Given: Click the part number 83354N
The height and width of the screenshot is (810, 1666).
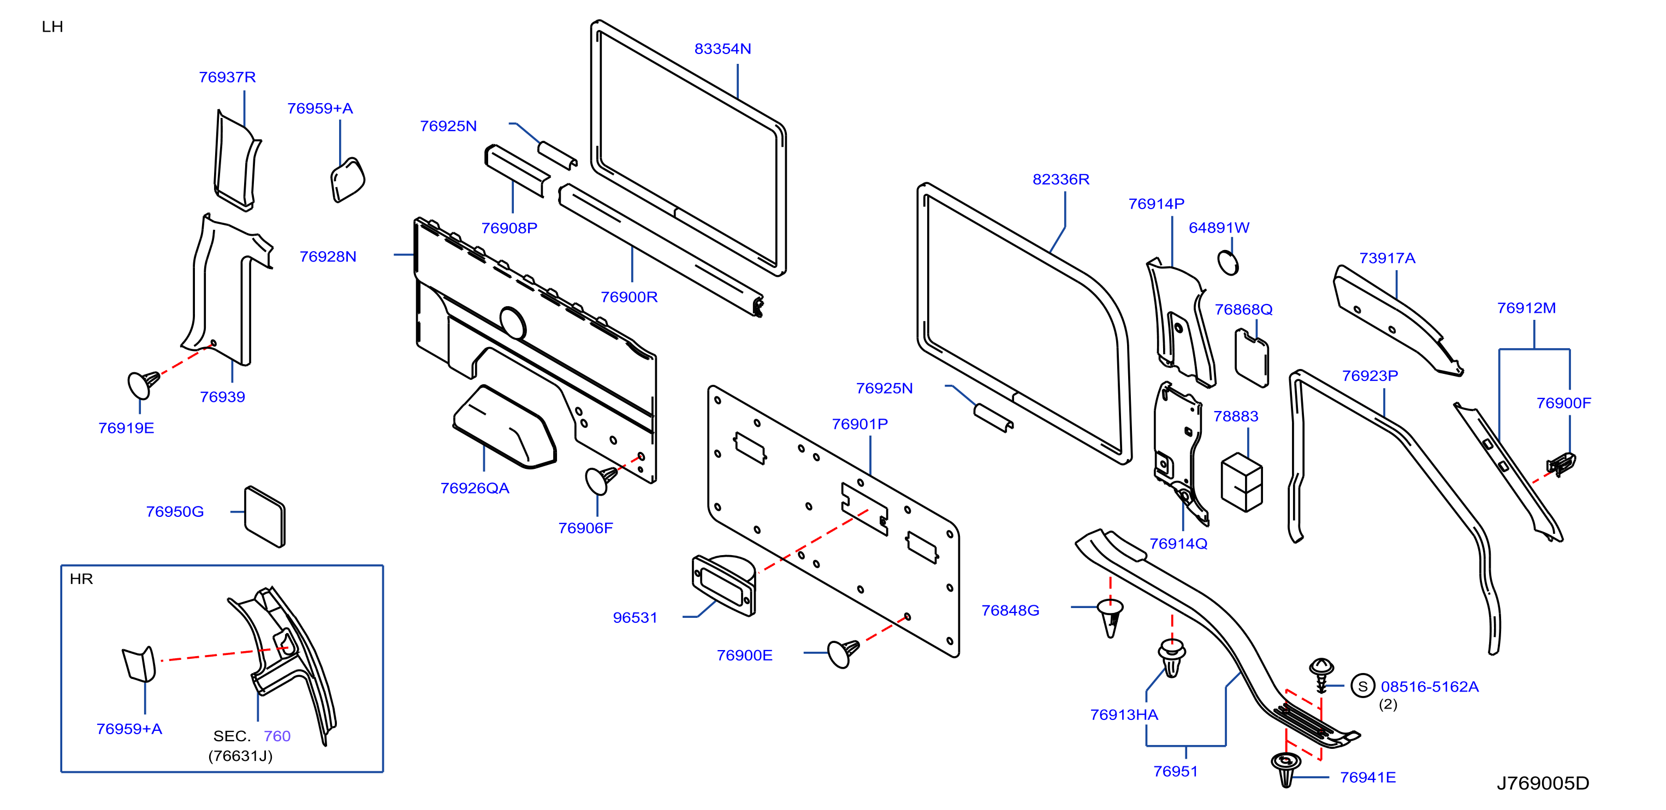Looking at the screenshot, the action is [x=722, y=49].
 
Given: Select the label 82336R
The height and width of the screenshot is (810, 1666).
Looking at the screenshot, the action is [x=1060, y=179].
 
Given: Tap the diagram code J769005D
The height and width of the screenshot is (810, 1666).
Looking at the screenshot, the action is [x=1543, y=783].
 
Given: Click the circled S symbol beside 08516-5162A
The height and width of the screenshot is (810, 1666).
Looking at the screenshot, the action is [x=1363, y=686].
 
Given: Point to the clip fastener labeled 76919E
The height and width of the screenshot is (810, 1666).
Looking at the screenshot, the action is [x=144, y=384].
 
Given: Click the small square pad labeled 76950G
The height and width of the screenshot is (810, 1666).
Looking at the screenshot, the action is [x=264, y=516].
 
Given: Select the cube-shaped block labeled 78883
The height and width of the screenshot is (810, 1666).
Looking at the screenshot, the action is [x=1242, y=483].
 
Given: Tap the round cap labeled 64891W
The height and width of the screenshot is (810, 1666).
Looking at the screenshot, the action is [x=1228, y=263].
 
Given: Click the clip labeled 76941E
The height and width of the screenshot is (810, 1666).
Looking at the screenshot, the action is [x=1286, y=769].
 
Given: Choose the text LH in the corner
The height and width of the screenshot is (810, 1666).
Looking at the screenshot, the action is [x=52, y=27].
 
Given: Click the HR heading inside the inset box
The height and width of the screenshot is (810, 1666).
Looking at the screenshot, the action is [x=81, y=579].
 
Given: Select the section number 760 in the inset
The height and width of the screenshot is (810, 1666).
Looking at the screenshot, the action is [x=277, y=736].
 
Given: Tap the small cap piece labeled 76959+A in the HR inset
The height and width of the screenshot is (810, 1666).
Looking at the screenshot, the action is [x=140, y=664].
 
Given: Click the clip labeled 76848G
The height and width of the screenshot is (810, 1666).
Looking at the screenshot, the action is [x=1111, y=618].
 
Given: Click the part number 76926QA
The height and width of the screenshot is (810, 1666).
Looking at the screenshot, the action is [x=475, y=488].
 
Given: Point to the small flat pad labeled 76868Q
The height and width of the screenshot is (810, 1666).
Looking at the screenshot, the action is [x=1252, y=358].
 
